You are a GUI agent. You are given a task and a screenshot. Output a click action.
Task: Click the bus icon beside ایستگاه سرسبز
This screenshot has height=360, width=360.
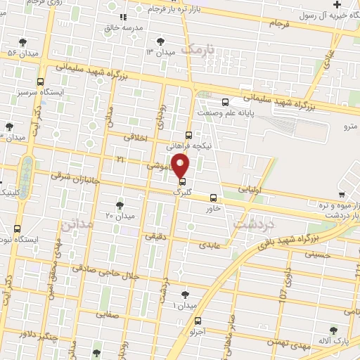pyautogui.click(x=40, y=81)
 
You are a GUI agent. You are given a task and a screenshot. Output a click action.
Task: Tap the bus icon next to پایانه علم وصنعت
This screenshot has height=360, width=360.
pyautogui.click(x=224, y=101)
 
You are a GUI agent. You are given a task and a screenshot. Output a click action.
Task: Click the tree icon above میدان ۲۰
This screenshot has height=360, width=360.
pyautogui.click(x=120, y=205)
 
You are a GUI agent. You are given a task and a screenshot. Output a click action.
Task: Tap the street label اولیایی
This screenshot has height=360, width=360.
pyautogui.click(x=250, y=189)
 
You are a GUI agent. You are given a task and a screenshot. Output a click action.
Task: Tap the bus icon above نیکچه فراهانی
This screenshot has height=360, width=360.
pyautogui.click(x=188, y=135)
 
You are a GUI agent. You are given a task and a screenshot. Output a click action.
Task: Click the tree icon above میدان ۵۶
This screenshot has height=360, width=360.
pyautogui.click(x=23, y=42)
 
